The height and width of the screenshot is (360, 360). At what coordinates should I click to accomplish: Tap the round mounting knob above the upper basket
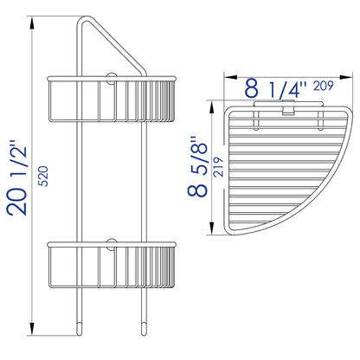coord(112,78)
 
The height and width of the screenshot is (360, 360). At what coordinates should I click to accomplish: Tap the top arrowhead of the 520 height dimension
coord(33,20)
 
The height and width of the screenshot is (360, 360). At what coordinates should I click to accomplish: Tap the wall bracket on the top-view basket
coord(275,110)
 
